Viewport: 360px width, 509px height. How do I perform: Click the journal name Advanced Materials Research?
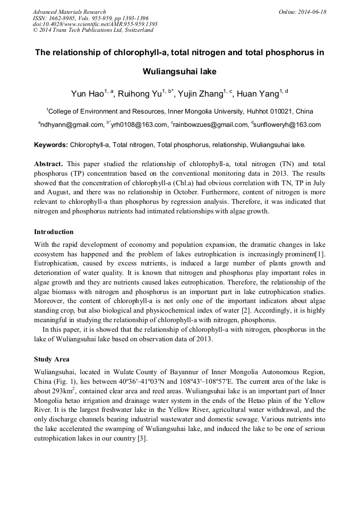click(x=69, y=12)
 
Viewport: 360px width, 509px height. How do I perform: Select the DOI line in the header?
click(x=95, y=24)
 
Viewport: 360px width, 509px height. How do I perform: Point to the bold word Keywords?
click(x=51, y=145)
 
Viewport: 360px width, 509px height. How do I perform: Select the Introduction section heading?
click(x=54, y=232)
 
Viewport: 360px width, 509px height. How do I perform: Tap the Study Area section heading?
click(x=52, y=359)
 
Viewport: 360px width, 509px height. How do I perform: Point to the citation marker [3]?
click(x=142, y=439)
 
